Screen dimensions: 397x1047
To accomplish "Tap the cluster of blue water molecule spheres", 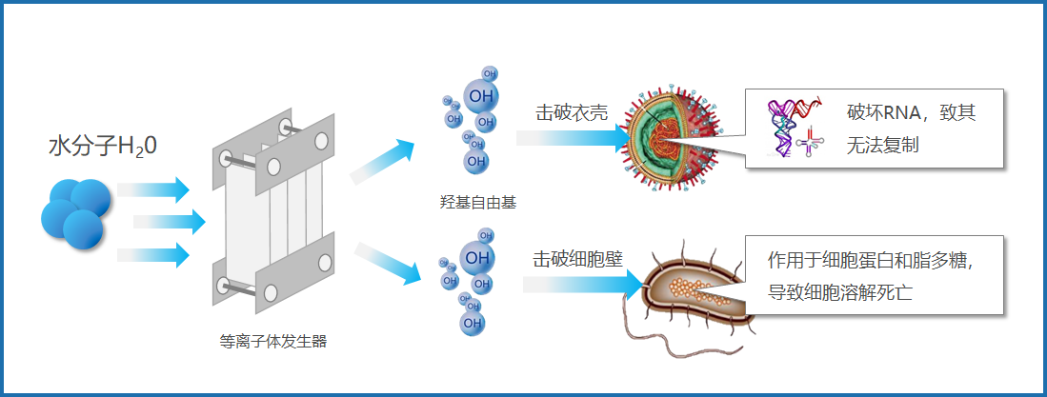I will (x=74, y=215).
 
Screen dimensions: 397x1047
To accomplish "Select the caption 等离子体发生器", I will (x=273, y=341).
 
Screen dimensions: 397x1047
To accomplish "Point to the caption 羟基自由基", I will (x=473, y=203).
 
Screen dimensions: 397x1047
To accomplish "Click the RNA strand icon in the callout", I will (x=792, y=129).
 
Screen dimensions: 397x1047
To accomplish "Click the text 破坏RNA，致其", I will (x=911, y=113).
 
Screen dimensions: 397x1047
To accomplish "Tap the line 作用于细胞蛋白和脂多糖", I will (x=883, y=260).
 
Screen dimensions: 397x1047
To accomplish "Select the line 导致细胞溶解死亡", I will (x=840, y=290).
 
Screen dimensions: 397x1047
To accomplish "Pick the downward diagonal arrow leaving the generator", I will (x=387, y=264).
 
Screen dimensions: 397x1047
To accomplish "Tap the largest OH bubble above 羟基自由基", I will (x=481, y=96).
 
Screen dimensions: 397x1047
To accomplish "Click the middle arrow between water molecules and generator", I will (x=170, y=222).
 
